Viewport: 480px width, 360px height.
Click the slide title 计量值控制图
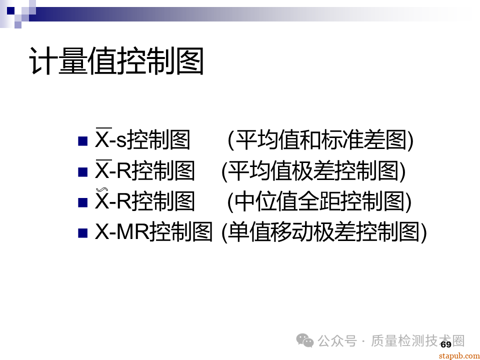pos(116,62)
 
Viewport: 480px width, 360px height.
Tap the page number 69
pos(446,344)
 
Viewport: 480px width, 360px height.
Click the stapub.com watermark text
pos(458,355)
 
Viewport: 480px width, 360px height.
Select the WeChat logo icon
pos(305,340)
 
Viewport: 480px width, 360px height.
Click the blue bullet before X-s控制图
pos(83,141)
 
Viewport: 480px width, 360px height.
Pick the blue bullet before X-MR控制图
pos(83,232)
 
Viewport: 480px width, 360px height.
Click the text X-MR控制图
pos(154,232)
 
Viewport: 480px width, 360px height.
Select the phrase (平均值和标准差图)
pos(320,141)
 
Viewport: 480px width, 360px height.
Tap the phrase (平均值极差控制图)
pos(313,171)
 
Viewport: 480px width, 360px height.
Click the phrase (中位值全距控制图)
pos(319,202)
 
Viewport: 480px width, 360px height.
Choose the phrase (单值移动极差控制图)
pos(324,232)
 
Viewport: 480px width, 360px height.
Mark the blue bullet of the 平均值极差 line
pos(83,172)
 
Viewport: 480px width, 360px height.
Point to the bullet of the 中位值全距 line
pos(83,202)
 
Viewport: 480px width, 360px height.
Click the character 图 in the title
pos(189,62)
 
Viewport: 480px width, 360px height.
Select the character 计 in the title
pos(43,62)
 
